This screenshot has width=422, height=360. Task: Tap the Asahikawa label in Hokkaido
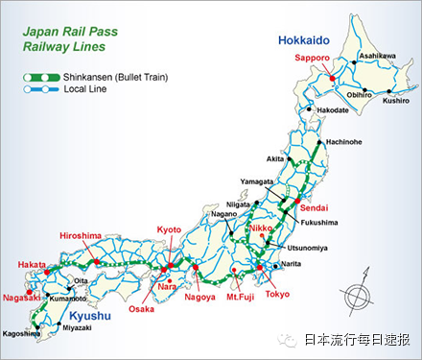pyautogui.click(x=377, y=57)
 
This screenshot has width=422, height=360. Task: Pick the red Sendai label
pyautogui.click(x=313, y=207)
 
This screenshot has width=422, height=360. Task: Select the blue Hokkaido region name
pyautogui.click(x=304, y=40)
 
